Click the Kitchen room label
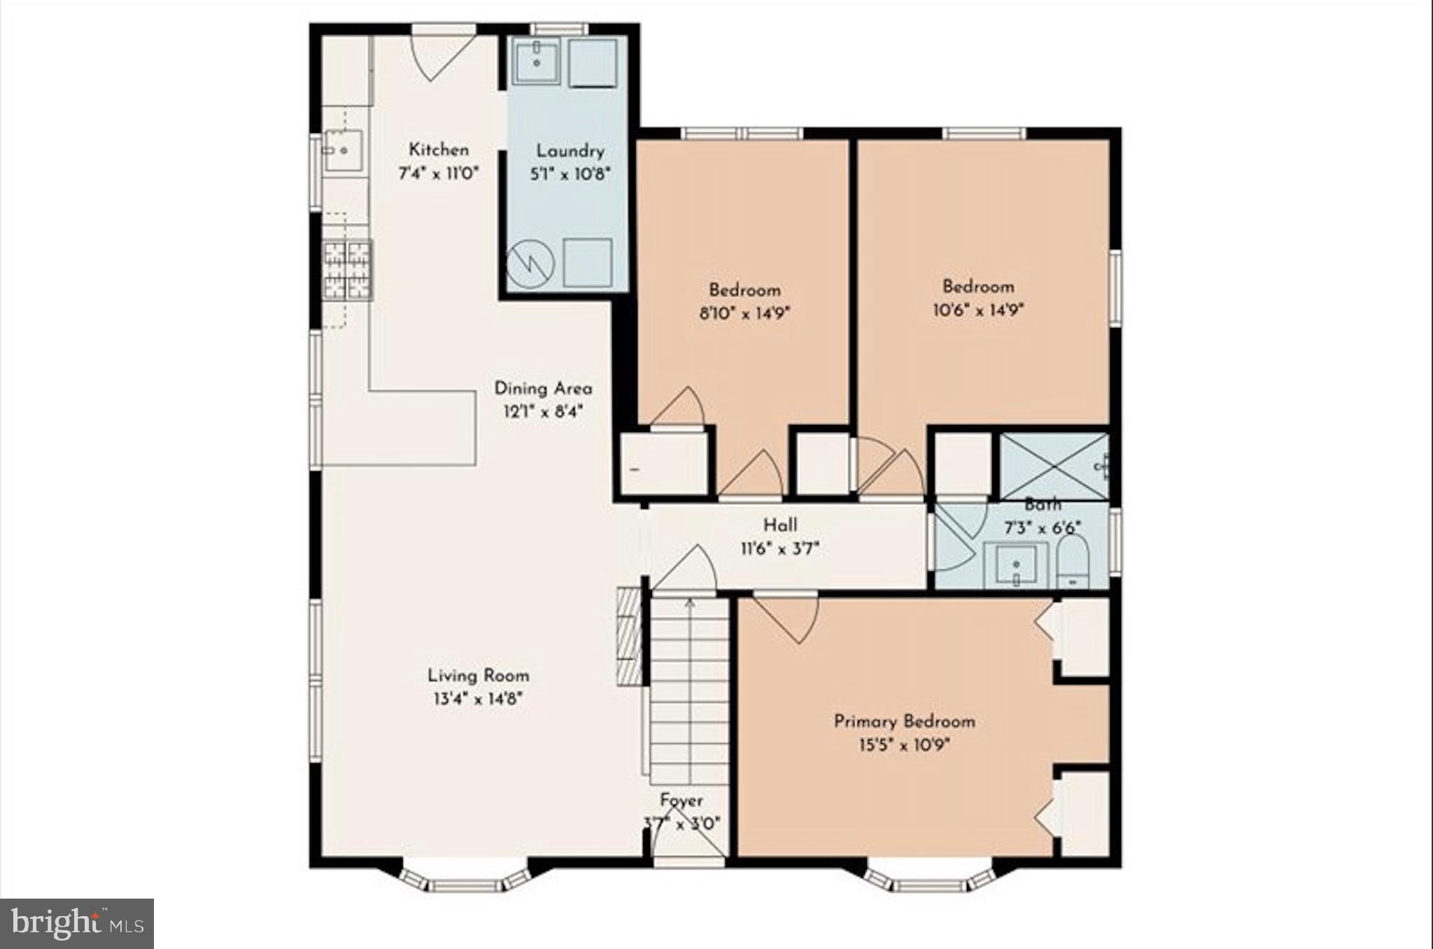pyautogui.click(x=439, y=150)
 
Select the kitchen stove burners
pyautogui.click(x=348, y=270)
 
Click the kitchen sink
pyautogui.click(x=343, y=150)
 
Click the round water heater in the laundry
pyautogui.click(x=530, y=265)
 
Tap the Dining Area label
pyautogui.click(x=543, y=388)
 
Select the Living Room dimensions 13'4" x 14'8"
pyautogui.click(x=478, y=698)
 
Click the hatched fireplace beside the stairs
pyautogui.click(x=630, y=637)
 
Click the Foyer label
pyautogui.click(x=682, y=800)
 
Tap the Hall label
pyautogui.click(x=779, y=525)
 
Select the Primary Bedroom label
pyautogui.click(x=904, y=722)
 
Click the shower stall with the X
pyautogui.click(x=1053, y=466)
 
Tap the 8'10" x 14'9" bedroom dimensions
pyautogui.click(x=744, y=313)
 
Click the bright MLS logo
pyautogui.click(x=77, y=924)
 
